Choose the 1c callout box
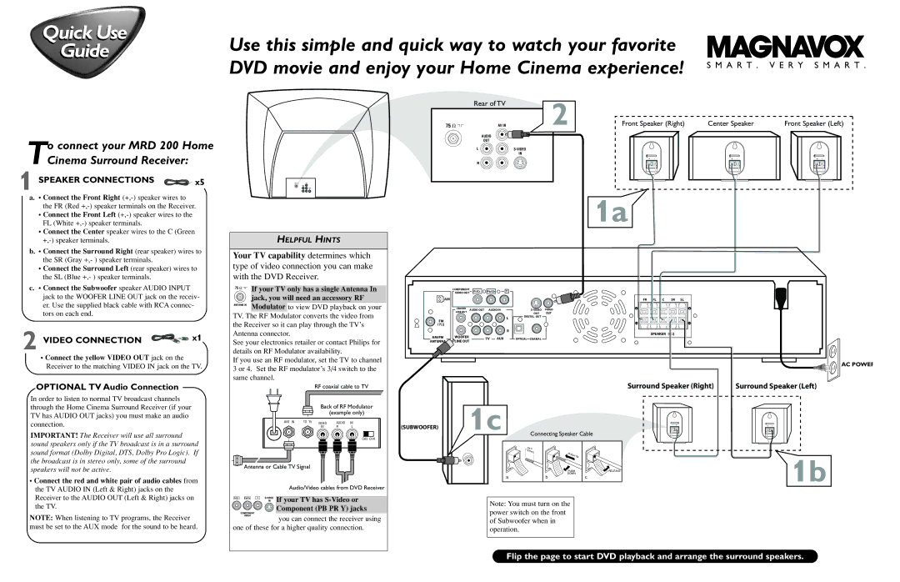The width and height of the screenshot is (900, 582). (484, 419)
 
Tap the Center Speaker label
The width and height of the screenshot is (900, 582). (731, 123)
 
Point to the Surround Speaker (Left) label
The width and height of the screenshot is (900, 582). (775, 386)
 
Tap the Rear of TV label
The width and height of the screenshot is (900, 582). (489, 103)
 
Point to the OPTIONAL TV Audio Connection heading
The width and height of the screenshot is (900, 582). (107, 387)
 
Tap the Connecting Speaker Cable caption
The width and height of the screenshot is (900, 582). (562, 434)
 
